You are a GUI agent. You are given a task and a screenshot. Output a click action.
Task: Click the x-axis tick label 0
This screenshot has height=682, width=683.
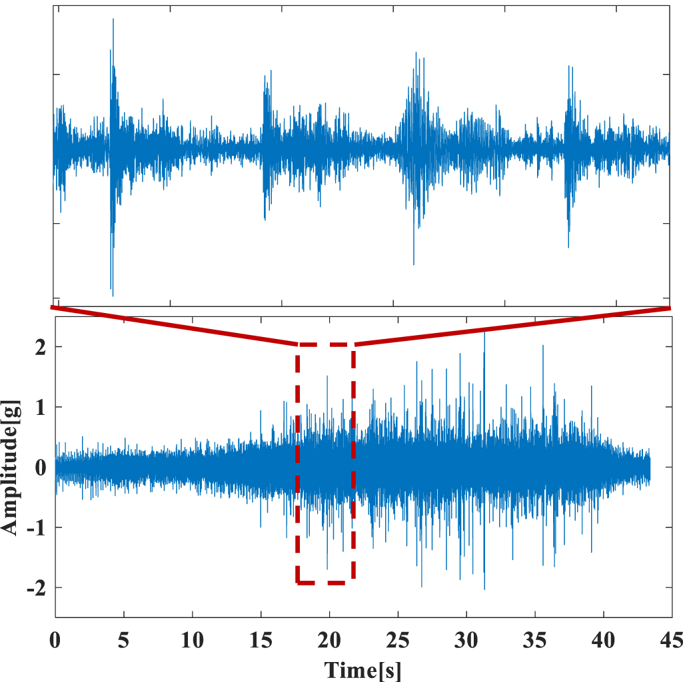click(55, 641)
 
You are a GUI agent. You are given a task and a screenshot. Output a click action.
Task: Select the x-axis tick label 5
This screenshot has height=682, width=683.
click(123, 641)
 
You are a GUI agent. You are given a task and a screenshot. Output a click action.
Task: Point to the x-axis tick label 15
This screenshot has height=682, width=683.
click(261, 641)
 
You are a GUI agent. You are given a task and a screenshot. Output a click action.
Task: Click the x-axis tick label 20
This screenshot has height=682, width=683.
click(329, 641)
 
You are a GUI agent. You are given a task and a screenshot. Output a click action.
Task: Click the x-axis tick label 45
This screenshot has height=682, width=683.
click(670, 641)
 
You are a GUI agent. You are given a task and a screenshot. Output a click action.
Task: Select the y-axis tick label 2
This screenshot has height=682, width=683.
click(41, 347)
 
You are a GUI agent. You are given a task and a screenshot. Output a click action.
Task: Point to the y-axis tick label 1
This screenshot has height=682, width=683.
click(41, 407)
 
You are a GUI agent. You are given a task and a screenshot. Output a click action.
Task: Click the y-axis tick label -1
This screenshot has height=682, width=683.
click(37, 527)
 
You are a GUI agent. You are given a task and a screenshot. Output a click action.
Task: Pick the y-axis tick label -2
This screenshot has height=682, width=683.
click(37, 588)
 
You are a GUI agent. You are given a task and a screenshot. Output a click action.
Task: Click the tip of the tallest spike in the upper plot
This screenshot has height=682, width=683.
click(113, 19)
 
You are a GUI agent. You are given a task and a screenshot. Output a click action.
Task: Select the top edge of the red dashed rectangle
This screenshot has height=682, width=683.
click(325, 344)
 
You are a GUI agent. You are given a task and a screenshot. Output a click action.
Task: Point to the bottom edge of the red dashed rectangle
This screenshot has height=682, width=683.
click(325, 583)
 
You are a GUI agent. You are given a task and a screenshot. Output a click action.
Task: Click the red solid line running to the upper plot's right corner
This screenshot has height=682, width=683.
click(513, 326)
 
